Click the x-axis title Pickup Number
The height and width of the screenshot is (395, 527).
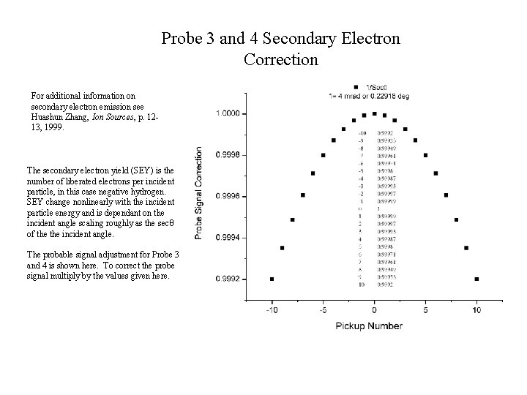pyautogui.click(x=370, y=326)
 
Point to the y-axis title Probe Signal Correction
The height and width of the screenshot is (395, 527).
pyautogui.click(x=199, y=193)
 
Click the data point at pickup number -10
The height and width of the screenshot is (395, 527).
pyautogui.click(x=272, y=279)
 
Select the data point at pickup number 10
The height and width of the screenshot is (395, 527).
pyautogui.click(x=476, y=279)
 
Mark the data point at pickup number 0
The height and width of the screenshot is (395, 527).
pyautogui.click(x=374, y=113)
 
